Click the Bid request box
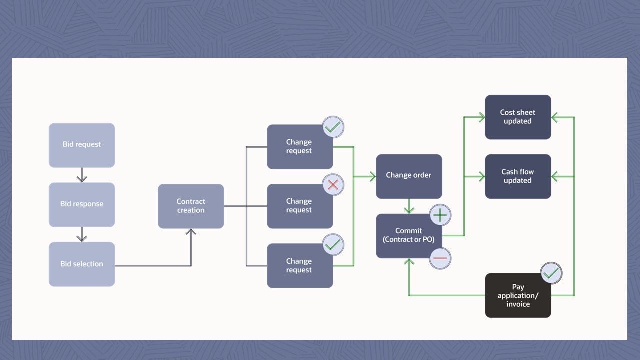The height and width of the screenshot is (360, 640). tap(82, 145)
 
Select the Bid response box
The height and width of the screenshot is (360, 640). tap(82, 204)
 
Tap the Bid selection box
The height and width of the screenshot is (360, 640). tap(82, 264)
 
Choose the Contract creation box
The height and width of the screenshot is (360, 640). tap(191, 206)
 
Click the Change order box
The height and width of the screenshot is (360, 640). tap(409, 176)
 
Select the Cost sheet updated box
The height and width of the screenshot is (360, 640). tap(518, 117)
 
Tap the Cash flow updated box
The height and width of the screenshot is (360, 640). tap(518, 176)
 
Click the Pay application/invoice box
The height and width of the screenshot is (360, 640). tap(518, 295)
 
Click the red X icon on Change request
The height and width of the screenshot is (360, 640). tap(333, 185)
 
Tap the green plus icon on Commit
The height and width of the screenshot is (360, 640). tap(440, 215)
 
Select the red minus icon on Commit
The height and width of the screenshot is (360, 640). tap(440, 258)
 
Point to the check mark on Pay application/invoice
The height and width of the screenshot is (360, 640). tap(551, 273)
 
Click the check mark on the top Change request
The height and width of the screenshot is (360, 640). tap(333, 127)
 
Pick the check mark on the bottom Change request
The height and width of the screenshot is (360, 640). tap(333, 245)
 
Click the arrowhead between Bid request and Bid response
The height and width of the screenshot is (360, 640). tap(82, 178)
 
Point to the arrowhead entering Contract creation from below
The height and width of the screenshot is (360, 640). tap(191, 232)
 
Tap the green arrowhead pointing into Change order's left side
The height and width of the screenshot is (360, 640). tap(372, 176)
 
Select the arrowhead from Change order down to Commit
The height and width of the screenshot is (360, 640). tap(409, 210)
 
